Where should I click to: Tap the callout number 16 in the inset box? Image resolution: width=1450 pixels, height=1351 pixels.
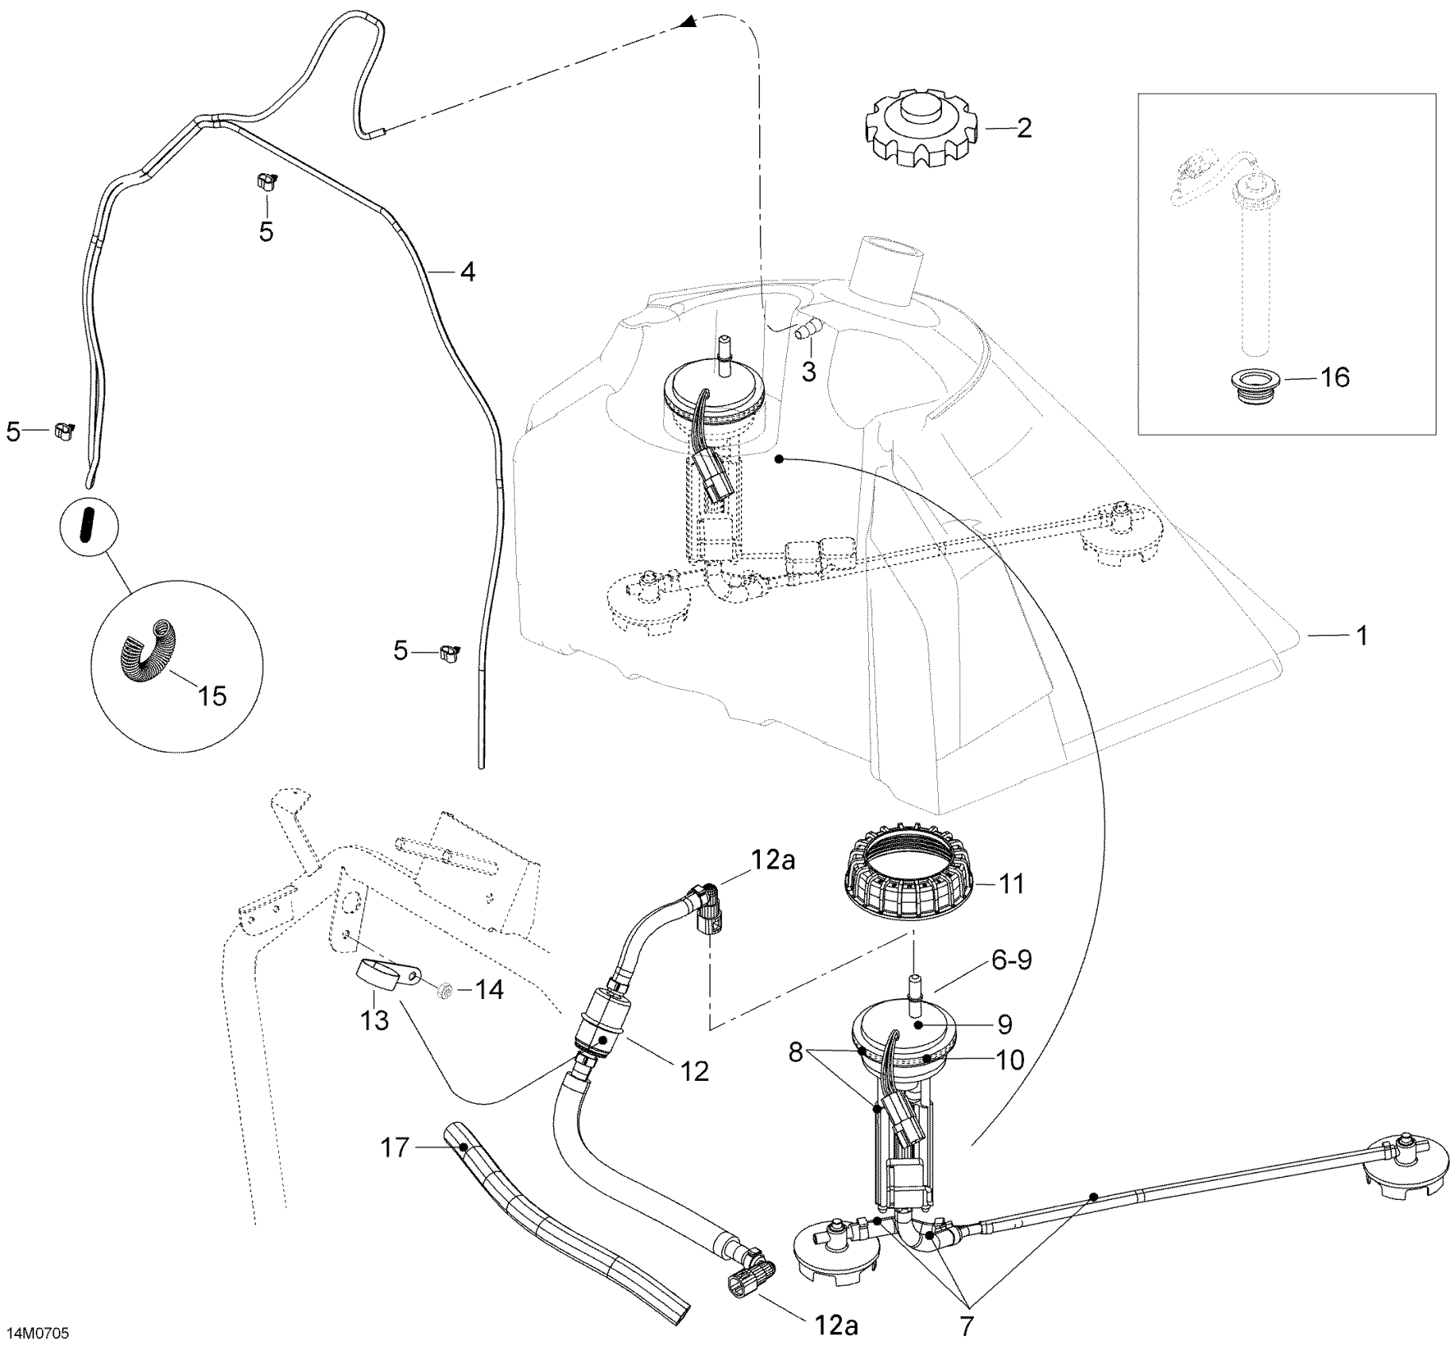(x=1335, y=377)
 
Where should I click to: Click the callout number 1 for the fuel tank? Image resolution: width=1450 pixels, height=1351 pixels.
(x=1361, y=636)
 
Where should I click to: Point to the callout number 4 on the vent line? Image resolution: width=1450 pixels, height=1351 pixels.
(x=467, y=272)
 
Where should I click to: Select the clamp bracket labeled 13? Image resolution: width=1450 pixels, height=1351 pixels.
(x=384, y=977)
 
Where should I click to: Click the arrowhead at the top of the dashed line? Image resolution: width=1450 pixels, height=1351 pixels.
(x=688, y=25)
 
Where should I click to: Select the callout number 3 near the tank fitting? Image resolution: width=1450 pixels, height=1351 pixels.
(x=808, y=371)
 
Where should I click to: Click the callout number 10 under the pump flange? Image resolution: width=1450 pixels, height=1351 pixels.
(x=1010, y=1059)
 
